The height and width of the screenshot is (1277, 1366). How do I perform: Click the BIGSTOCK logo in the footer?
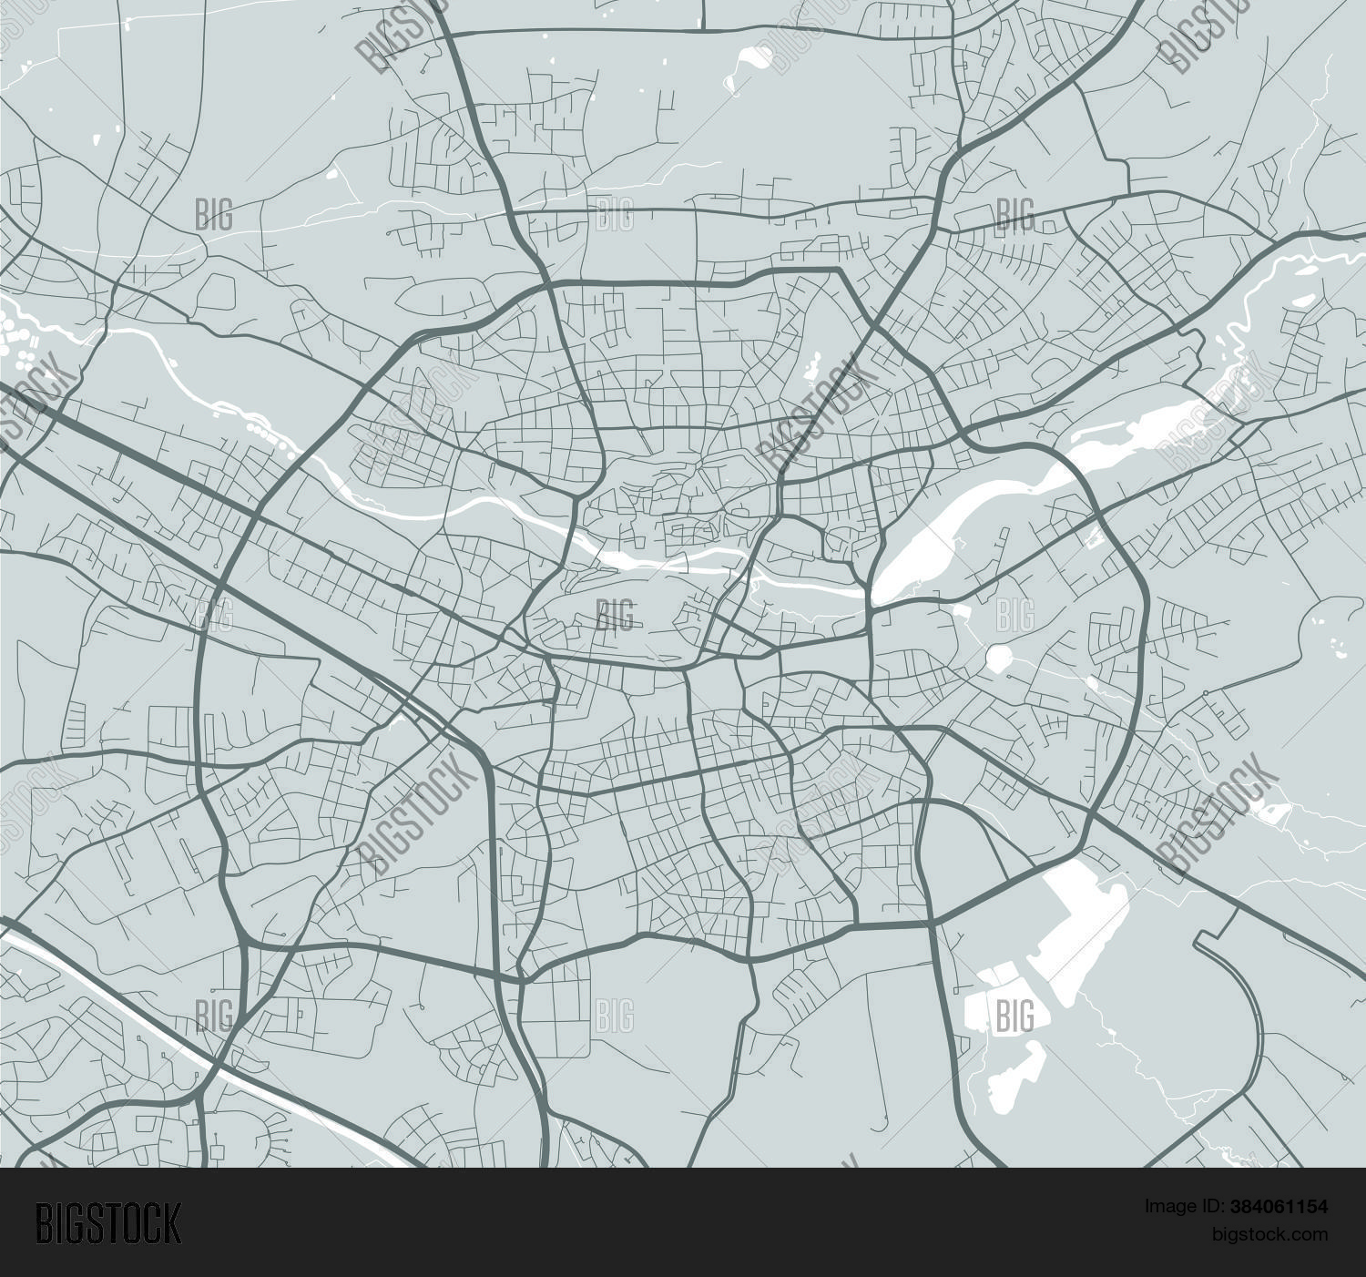108,1223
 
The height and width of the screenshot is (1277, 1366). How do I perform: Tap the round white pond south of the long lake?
999,657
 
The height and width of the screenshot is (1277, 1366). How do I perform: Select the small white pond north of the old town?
810,369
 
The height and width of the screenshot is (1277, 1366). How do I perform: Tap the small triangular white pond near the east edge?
1275,811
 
